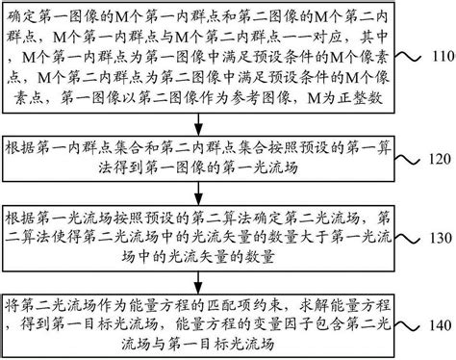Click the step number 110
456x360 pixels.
point(438,57)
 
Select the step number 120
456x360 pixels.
point(438,158)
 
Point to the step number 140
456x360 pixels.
point(438,324)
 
